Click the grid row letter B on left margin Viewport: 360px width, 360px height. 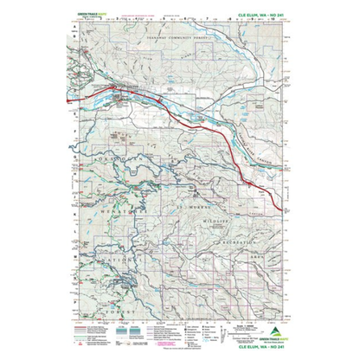tap(75, 48)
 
